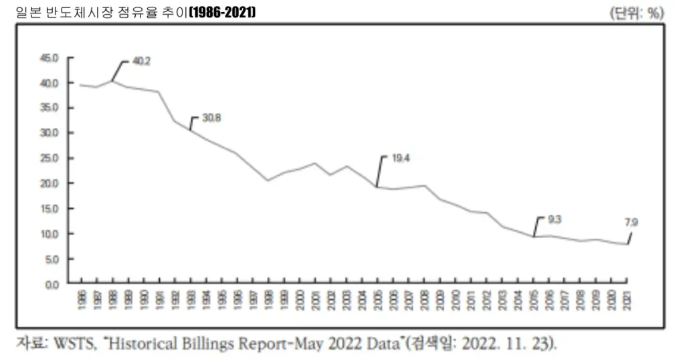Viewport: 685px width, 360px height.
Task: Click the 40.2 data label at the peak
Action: pyautogui.click(x=141, y=61)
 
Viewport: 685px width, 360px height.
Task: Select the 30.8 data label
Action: pyautogui.click(x=211, y=118)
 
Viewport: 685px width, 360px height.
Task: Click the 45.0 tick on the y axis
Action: pyautogui.click(x=50, y=58)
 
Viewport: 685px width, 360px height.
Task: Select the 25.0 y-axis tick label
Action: pyautogui.click(x=50, y=158)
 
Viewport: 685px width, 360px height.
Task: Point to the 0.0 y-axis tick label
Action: pyautogui.click(x=52, y=284)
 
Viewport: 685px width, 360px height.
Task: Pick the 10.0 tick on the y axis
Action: pyautogui.click(x=50, y=234)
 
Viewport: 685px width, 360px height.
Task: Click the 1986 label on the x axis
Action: pyautogui.click(x=80, y=299)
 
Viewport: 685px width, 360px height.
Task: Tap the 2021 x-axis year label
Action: pyautogui.click(x=627, y=299)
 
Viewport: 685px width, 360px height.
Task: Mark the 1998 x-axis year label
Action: pyautogui.click(x=268, y=299)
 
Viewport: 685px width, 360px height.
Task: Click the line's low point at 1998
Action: pyautogui.click(x=268, y=180)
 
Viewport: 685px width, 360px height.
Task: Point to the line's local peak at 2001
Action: pyautogui.click(x=314, y=163)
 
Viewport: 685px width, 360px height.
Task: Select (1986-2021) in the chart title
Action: pyautogui.click(x=222, y=12)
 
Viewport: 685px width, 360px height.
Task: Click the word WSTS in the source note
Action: pyautogui.click(x=76, y=344)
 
